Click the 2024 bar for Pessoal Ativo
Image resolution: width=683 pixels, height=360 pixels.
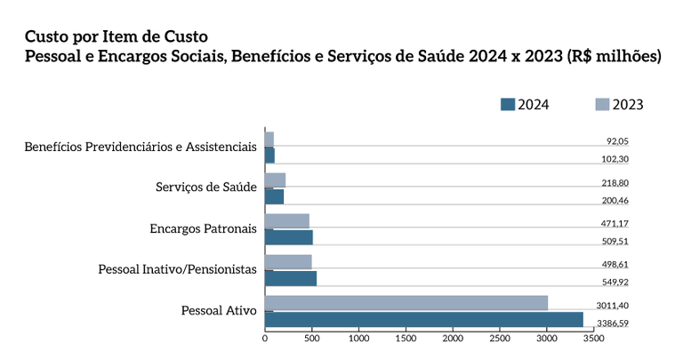click(x=423, y=319)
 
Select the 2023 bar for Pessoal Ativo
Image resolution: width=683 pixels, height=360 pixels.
click(x=406, y=303)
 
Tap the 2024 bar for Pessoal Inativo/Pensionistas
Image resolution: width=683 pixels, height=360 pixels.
click(x=291, y=278)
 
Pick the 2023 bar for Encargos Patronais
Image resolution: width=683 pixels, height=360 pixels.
click(x=286, y=220)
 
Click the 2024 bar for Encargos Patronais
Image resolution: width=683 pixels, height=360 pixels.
click(x=288, y=237)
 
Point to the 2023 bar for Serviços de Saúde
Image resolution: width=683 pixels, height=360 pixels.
click(x=275, y=180)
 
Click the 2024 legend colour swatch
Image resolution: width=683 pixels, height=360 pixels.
click(x=508, y=104)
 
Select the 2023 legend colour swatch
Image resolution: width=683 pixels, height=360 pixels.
click(x=602, y=104)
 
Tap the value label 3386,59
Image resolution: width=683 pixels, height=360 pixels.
click(x=612, y=323)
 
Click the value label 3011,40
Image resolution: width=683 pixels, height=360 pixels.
click(x=613, y=305)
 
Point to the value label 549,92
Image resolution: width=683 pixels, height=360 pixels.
click(x=615, y=282)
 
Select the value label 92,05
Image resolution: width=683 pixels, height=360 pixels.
click(x=617, y=140)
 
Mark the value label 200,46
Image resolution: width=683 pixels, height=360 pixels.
click(x=615, y=200)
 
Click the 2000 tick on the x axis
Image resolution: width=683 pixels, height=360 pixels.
click(x=454, y=339)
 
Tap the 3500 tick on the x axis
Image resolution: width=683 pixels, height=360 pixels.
click(x=594, y=339)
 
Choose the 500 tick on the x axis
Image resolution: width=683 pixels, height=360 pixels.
click(x=312, y=339)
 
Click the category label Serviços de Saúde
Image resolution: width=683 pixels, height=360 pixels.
click(x=206, y=187)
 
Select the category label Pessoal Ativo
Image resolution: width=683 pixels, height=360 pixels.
click(x=219, y=310)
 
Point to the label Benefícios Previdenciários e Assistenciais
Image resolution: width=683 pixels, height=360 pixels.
click(x=141, y=146)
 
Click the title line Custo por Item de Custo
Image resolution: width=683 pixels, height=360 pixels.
click(x=116, y=36)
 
